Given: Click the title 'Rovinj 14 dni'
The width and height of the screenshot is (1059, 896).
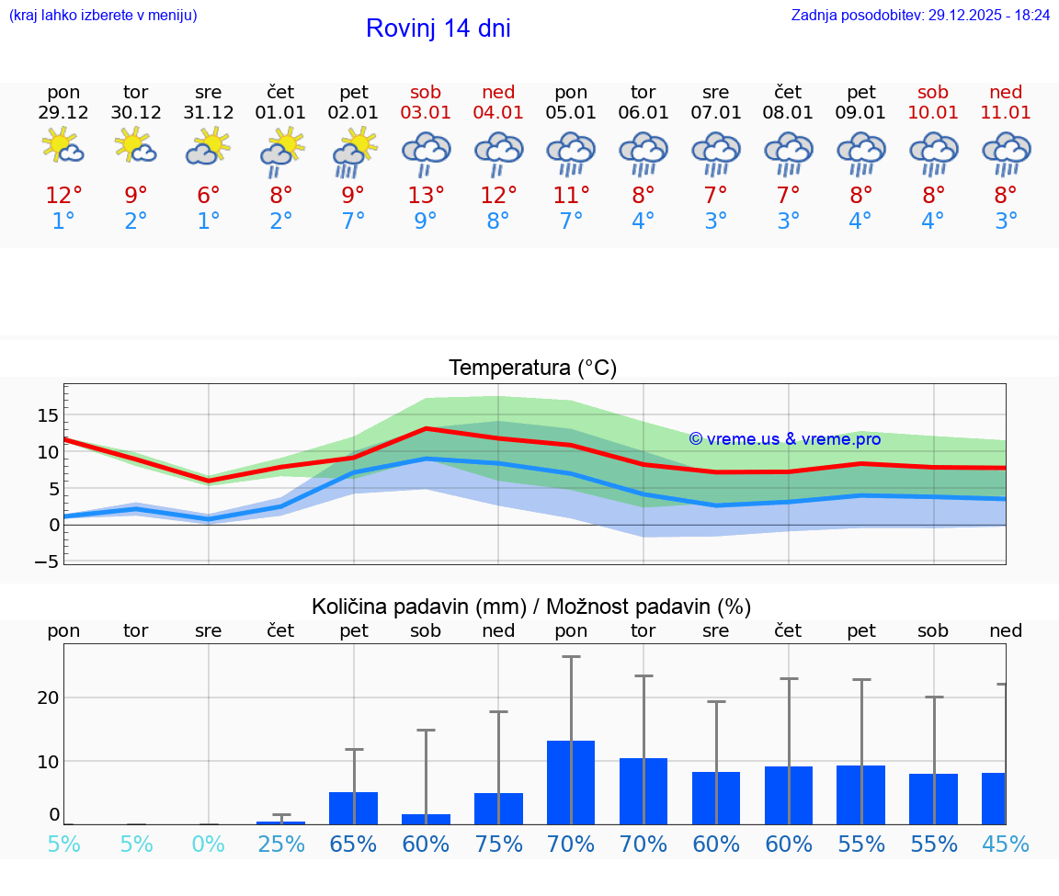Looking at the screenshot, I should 438,28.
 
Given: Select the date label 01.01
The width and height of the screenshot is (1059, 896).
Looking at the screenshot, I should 281,113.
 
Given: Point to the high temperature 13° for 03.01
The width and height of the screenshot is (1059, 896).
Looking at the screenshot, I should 426,196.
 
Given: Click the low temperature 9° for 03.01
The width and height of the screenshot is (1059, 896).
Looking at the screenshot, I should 426,221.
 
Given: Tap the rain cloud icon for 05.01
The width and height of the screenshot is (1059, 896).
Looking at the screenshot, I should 571,153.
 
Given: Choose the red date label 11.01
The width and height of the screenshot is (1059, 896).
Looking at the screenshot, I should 1006,113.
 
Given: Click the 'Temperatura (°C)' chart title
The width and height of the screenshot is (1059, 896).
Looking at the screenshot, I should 532,369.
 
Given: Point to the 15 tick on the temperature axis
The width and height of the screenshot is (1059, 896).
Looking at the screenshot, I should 49,415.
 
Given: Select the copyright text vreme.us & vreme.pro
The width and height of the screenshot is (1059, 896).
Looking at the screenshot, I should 785,439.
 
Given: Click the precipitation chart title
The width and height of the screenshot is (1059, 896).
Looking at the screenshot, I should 531,607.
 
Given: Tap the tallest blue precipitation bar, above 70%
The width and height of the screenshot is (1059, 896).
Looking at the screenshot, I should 571,782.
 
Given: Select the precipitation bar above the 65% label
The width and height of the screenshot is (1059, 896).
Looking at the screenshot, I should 353,808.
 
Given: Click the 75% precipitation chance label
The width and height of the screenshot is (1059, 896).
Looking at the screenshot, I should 498,844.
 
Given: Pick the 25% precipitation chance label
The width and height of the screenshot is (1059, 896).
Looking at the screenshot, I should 281,844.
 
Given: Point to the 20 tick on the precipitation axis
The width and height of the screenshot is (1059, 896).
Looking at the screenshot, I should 49,698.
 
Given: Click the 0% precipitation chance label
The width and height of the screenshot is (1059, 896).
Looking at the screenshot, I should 209,844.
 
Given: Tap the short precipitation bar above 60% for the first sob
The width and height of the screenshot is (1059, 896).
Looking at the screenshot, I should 426,819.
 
